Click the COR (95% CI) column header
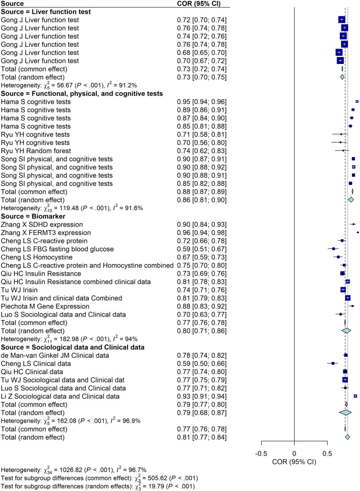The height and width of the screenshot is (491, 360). point(199,3)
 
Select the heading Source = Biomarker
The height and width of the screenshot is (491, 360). point(33,216)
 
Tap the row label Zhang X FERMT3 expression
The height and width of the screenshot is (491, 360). point(46,233)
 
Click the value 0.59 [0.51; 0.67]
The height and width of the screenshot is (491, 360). point(201,249)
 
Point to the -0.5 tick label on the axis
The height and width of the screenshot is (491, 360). point(261,453)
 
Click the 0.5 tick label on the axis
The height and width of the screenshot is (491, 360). point(327,453)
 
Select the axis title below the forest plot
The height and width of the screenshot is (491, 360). point(294,462)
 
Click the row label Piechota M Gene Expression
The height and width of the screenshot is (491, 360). point(45,306)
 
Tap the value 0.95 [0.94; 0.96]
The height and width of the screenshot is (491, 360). point(201,102)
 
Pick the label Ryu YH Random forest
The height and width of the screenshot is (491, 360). point(36,151)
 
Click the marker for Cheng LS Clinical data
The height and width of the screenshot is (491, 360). point(333,363)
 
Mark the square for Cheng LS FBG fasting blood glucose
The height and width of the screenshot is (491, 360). point(333,249)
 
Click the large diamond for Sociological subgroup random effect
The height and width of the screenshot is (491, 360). point(345,413)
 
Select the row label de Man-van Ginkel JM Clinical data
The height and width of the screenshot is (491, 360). point(55,355)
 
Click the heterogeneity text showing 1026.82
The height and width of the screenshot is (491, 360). point(74,470)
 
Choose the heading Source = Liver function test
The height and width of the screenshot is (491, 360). point(46,11)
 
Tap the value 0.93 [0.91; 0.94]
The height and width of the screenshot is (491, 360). point(201,396)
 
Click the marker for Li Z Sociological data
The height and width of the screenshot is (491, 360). point(355,396)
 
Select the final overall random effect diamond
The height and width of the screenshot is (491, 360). point(347,437)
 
